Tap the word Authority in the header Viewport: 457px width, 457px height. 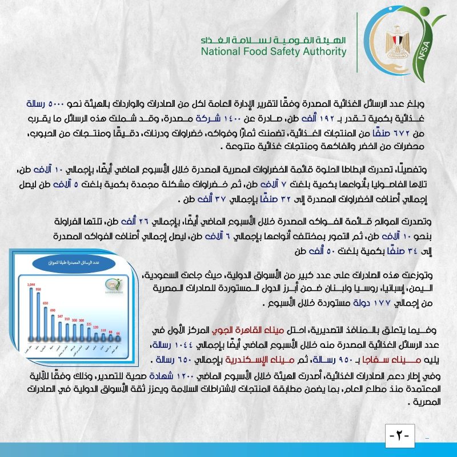(x=324, y=52)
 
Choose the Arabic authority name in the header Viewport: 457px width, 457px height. (x=274, y=41)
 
